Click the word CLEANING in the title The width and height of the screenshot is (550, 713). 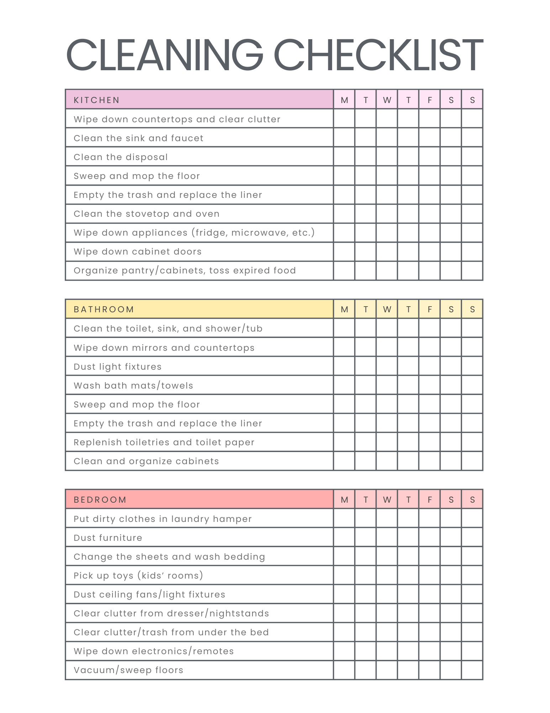click(x=164, y=55)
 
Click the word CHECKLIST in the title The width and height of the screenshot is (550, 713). click(x=378, y=55)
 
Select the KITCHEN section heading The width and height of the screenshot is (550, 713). click(x=96, y=100)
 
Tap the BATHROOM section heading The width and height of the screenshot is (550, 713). click(x=104, y=309)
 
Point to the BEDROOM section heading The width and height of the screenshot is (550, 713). click(x=100, y=500)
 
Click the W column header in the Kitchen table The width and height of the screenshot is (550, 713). click(x=387, y=100)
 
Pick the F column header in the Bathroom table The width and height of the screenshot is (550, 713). click(x=430, y=309)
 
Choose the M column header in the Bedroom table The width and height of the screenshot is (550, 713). click(x=344, y=500)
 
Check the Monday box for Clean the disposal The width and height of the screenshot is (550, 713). click(x=344, y=157)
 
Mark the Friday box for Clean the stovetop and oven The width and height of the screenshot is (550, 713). click(x=430, y=214)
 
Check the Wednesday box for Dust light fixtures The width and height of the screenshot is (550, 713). click(x=387, y=366)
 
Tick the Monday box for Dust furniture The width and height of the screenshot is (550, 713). click(x=344, y=538)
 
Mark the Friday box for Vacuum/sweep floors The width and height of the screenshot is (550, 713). click(x=430, y=670)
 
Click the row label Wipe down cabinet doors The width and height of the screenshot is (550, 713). click(x=137, y=252)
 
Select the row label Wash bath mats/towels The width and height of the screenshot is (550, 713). click(x=133, y=386)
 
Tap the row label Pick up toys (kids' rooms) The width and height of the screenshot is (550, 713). click(x=138, y=576)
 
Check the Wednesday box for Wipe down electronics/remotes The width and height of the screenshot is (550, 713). click(x=387, y=651)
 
